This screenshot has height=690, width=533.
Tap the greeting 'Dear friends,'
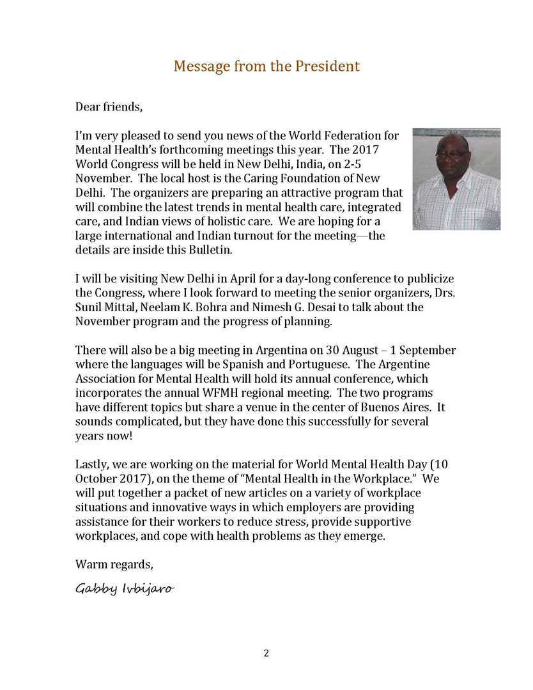click(109, 107)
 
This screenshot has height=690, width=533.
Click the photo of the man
click(456, 179)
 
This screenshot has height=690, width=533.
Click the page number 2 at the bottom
click(266, 653)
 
